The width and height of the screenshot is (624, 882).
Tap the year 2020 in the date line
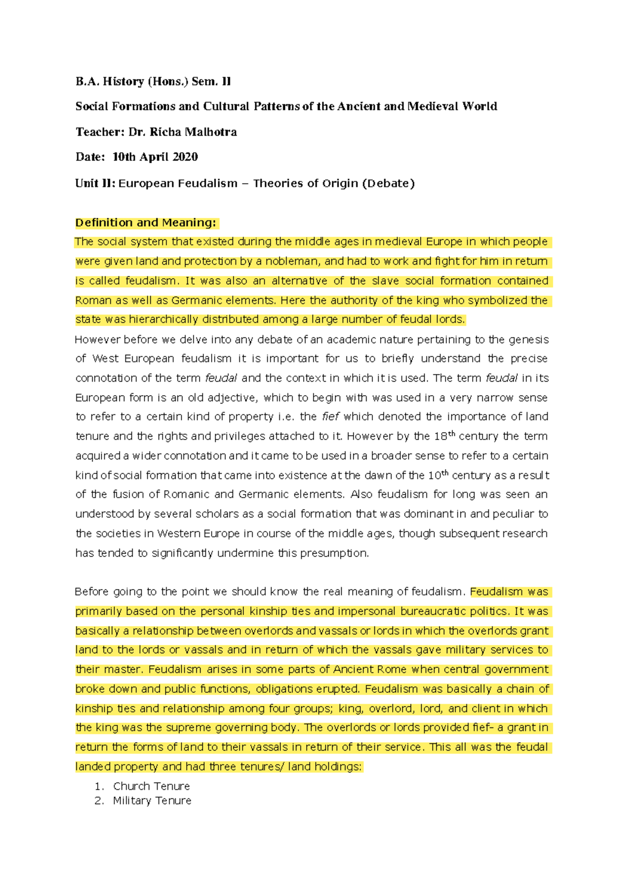pyautogui.click(x=185, y=157)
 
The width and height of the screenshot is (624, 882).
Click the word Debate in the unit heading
pyautogui.click(x=387, y=183)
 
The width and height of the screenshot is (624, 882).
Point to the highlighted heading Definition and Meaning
pyautogui.click(x=145, y=223)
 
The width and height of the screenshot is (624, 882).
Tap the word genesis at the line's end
pyautogui.click(x=528, y=340)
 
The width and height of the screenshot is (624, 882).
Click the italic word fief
pyautogui.click(x=330, y=417)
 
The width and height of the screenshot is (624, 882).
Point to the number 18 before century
pyautogui.click(x=440, y=437)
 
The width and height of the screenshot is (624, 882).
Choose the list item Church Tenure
pyautogui.click(x=151, y=786)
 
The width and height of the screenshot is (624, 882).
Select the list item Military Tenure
pyautogui.click(x=152, y=800)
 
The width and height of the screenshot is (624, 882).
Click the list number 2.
pyautogui.click(x=99, y=800)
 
